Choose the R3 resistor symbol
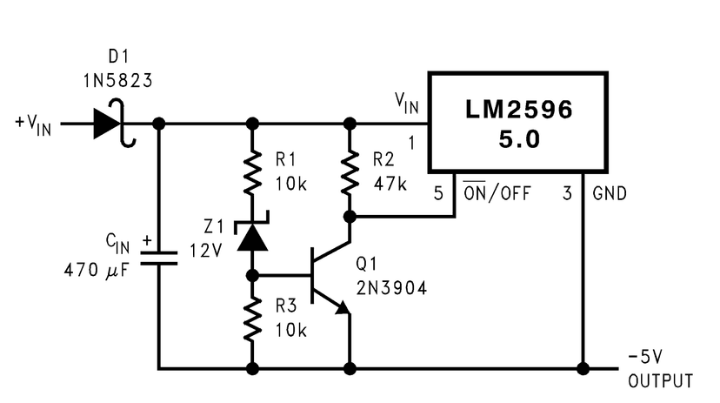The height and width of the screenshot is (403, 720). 252,319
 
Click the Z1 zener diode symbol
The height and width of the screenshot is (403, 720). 252,235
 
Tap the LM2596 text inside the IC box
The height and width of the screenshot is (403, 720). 518,111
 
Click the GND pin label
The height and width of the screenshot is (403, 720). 611,193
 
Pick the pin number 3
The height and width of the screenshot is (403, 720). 567,193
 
